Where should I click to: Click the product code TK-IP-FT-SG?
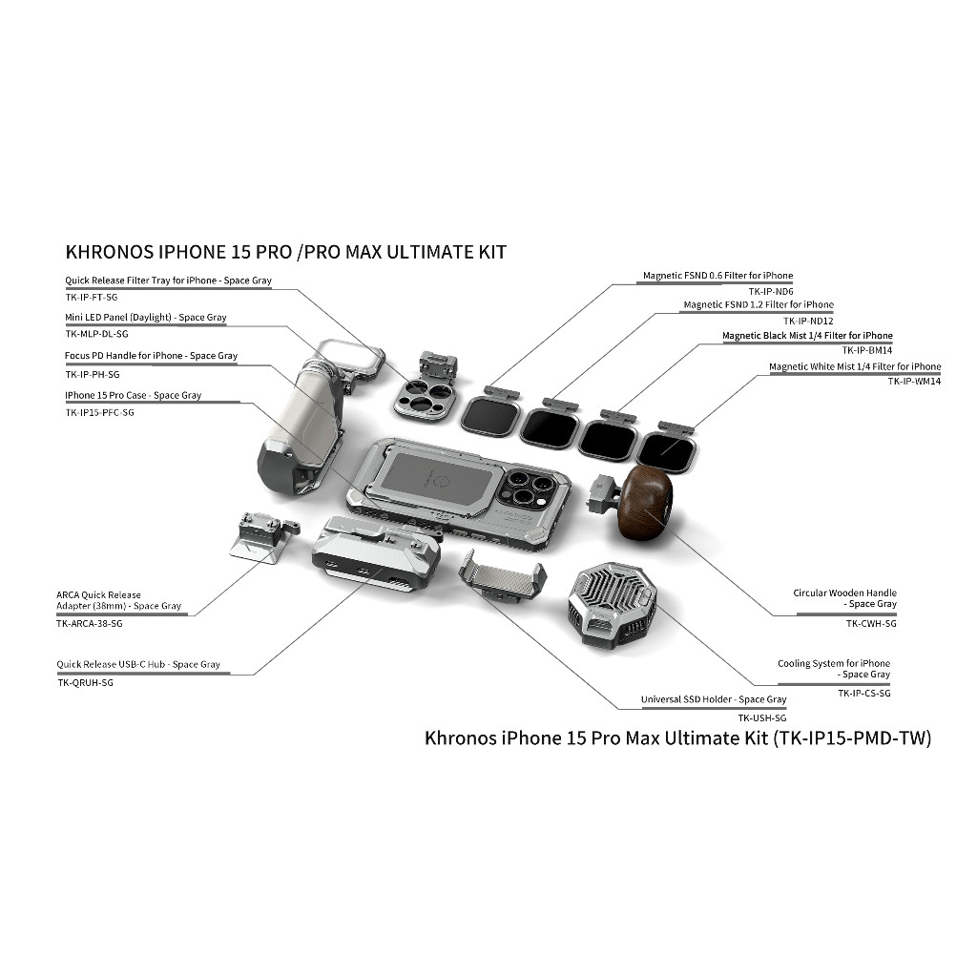click(x=92, y=298)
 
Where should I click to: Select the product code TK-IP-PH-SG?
click(x=93, y=374)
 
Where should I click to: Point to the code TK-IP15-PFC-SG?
click(x=99, y=412)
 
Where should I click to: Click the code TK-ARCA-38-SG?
click(x=90, y=624)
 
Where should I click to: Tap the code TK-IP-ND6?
click(x=771, y=292)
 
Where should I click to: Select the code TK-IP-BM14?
click(x=867, y=350)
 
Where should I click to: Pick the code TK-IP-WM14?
click(x=914, y=382)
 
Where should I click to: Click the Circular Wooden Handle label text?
click(x=845, y=598)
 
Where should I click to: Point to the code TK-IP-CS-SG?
click(x=864, y=693)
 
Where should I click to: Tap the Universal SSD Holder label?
click(x=714, y=699)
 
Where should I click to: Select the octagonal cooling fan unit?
click(x=612, y=603)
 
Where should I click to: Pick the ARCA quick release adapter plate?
click(x=261, y=537)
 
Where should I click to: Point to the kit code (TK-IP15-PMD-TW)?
click(x=852, y=738)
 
